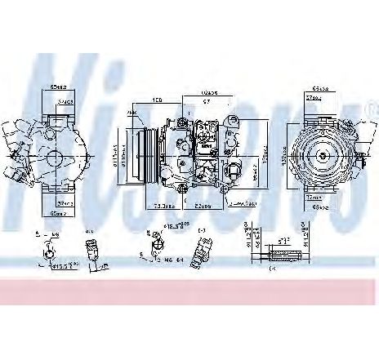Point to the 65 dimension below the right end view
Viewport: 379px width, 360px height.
(321, 207)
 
